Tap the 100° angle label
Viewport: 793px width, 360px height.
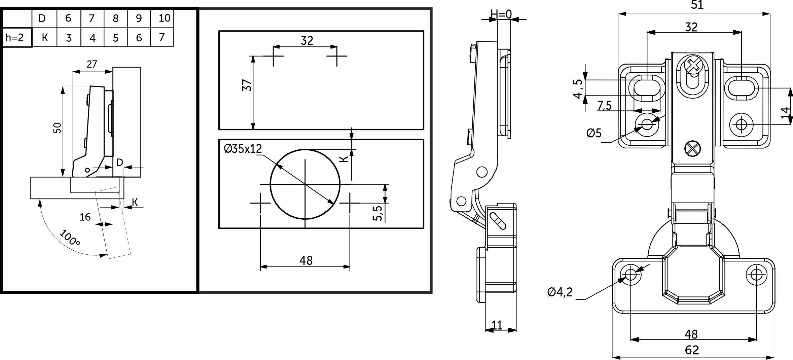coord(70,237)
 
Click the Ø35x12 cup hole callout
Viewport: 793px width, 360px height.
coord(243,148)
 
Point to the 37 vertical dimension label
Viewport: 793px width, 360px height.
coord(247,85)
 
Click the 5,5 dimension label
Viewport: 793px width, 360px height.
coord(378,213)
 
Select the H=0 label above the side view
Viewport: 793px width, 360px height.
coord(501,14)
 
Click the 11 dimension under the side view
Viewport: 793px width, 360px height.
coord(497,325)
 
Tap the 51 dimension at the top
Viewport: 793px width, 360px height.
coord(697,5)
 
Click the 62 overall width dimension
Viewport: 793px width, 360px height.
coord(692,350)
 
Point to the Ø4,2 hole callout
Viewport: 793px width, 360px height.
coord(560,292)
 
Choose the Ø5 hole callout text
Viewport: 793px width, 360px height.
coord(594,133)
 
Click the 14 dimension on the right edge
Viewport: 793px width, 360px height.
coord(785,112)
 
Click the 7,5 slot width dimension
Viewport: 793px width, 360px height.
coord(604,106)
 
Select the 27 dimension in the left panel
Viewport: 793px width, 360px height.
coord(92,64)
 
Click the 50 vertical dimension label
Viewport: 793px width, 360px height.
coord(58,128)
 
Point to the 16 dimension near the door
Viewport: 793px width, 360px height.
coord(85,217)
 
